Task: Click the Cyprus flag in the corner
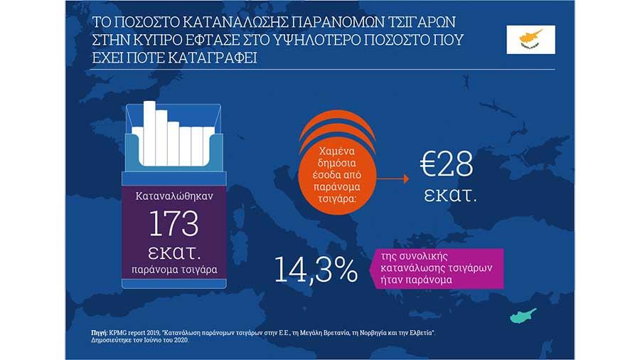(530, 38)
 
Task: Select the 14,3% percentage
(316, 269)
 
